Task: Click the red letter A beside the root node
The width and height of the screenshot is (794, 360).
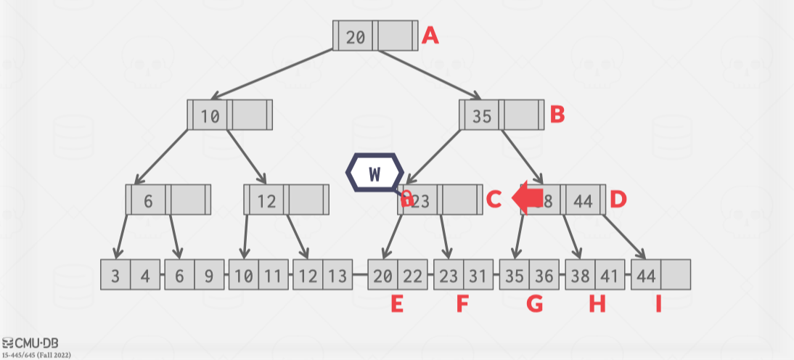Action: [x=430, y=36]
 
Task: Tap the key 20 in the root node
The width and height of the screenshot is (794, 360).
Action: [x=356, y=37]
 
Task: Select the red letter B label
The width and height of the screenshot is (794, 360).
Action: [x=557, y=115]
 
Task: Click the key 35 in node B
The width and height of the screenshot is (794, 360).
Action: [x=482, y=116]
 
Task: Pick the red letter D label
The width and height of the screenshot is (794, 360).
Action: [x=618, y=199]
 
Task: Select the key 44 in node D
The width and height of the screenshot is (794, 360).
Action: [x=584, y=201]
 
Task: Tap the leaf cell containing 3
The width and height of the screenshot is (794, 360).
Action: [x=116, y=276]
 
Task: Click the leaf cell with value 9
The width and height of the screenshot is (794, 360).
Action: [x=209, y=276]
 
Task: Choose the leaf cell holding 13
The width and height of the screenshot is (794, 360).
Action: [x=337, y=276]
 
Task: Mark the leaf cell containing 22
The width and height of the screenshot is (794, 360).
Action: [x=412, y=276]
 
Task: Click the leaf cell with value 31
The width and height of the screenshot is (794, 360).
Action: [x=478, y=276]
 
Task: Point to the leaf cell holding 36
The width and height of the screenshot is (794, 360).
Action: [x=543, y=276]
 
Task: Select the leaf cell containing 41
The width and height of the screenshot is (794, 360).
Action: [x=610, y=276]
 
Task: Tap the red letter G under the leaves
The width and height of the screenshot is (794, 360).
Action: [x=534, y=304]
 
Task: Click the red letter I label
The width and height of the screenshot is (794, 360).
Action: [x=658, y=304]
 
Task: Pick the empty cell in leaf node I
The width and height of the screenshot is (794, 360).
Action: [x=676, y=276]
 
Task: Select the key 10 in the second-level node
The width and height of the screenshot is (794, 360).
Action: [x=210, y=116]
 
